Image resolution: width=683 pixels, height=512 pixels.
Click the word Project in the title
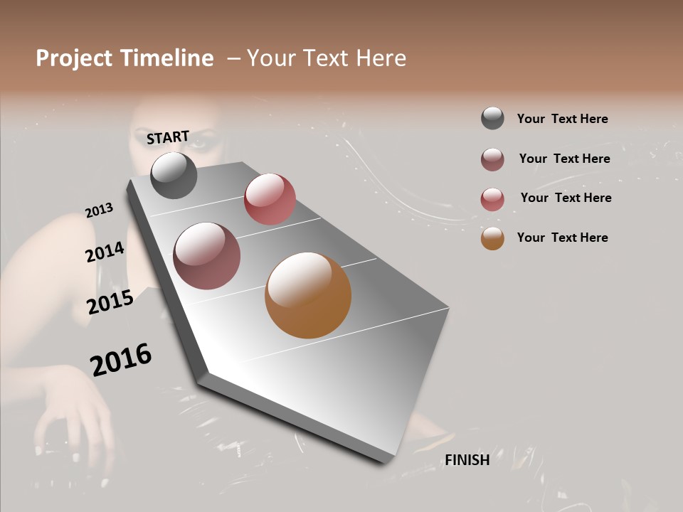(74, 58)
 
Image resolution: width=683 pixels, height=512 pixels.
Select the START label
(168, 137)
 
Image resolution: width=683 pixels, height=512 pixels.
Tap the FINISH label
(467, 460)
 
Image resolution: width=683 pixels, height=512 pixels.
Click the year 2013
(100, 210)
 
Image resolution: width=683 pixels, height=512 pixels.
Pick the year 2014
(105, 252)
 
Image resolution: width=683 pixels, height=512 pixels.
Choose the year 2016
(121, 360)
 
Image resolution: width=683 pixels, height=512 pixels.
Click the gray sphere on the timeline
(174, 175)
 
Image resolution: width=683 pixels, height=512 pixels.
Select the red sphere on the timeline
(270, 199)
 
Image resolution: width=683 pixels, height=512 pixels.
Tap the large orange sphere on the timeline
(308, 295)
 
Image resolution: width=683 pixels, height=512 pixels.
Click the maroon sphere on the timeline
(207, 256)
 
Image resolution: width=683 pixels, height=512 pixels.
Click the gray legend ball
(492, 119)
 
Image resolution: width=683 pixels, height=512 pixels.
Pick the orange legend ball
(492, 238)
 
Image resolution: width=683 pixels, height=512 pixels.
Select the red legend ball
(492, 199)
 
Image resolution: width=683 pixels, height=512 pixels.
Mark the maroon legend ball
(492, 159)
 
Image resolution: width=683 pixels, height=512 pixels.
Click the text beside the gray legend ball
(562, 119)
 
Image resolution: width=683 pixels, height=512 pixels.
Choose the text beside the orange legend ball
(562, 238)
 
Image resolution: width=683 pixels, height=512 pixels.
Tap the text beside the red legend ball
(566, 198)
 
